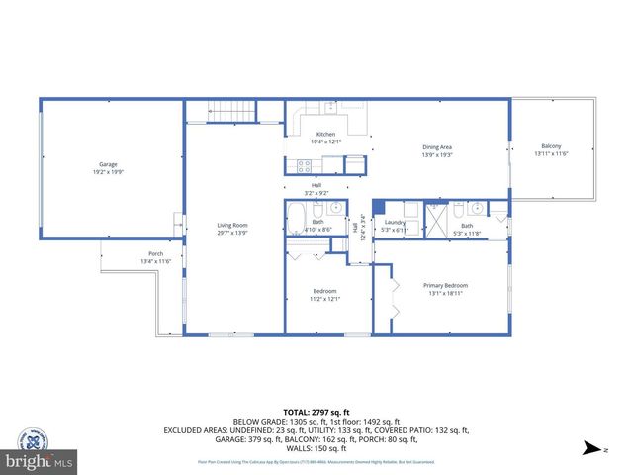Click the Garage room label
(x=108, y=164)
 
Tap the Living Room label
(x=232, y=226)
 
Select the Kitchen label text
(x=325, y=134)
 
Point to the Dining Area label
(x=437, y=147)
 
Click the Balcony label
(x=551, y=146)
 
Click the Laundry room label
(x=395, y=222)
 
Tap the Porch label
(x=156, y=253)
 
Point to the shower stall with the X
(x=436, y=219)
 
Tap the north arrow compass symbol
(x=591, y=448)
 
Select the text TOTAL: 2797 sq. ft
(x=316, y=412)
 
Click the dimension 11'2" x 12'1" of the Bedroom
(x=325, y=299)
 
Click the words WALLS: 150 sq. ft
(x=316, y=447)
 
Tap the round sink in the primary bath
(x=479, y=209)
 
